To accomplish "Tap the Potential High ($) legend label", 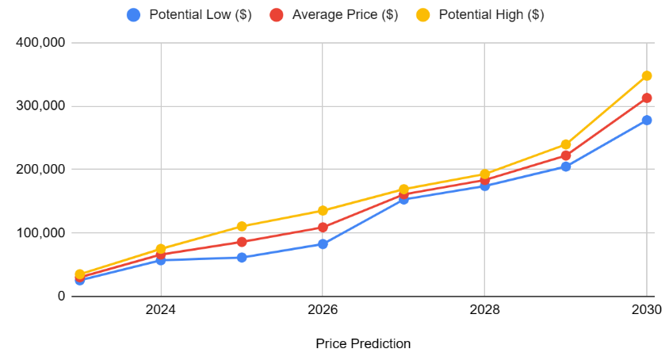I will tap(491, 15).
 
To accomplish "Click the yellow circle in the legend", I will tap(424, 15).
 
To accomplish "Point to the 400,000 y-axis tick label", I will tap(40, 43).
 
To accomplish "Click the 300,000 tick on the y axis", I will tap(40, 106).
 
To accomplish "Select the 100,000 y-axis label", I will tap(40, 233).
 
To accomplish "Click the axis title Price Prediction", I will tap(363, 343).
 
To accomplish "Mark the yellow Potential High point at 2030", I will tap(647, 76).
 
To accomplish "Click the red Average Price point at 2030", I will tap(647, 98).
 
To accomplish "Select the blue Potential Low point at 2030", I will tap(647, 121).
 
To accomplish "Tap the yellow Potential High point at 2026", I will tap(323, 211).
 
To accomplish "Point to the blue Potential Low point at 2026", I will tap(323, 244).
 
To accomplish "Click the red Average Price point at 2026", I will tap(323, 228).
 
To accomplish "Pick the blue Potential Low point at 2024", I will tap(161, 260).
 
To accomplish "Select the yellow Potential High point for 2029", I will tap(566, 145).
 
